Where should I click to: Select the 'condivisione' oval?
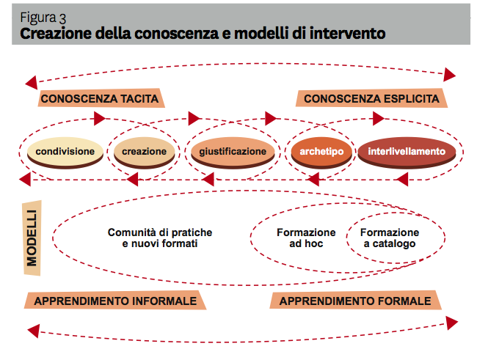click(x=65, y=153)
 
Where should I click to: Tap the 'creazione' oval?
click(x=145, y=153)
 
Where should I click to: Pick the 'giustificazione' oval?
click(x=233, y=153)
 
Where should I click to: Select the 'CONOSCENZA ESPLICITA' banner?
click(x=371, y=99)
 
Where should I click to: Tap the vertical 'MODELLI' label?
click(x=33, y=239)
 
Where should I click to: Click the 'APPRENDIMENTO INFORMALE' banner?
click(x=115, y=301)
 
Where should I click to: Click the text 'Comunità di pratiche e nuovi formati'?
click(x=160, y=238)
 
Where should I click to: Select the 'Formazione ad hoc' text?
click(x=306, y=238)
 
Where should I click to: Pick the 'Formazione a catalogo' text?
click(x=390, y=238)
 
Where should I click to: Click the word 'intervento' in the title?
click(x=346, y=34)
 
